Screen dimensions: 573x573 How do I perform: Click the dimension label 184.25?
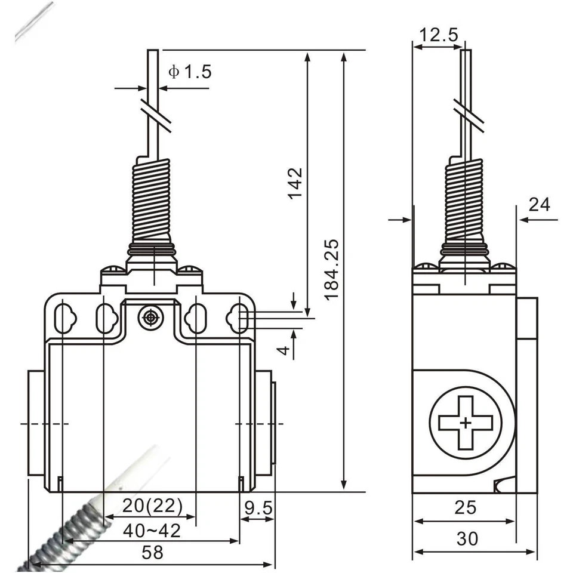click(x=332, y=269)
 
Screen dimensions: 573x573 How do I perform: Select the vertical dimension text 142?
click(x=295, y=184)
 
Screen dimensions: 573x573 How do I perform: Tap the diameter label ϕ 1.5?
click(x=190, y=72)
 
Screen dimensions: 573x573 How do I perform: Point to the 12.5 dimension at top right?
click(x=438, y=35)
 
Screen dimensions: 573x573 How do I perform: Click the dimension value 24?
click(x=539, y=205)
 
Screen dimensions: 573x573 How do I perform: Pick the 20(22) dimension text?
click(x=152, y=507)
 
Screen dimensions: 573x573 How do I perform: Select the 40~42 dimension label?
click(x=152, y=530)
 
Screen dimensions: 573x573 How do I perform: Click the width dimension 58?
click(x=152, y=553)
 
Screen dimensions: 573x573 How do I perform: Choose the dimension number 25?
click(x=466, y=507)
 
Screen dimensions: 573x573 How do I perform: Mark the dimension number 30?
click(x=467, y=539)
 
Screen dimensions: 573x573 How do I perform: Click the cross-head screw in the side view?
click(x=466, y=423)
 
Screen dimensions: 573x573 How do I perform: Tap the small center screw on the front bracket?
click(x=150, y=318)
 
